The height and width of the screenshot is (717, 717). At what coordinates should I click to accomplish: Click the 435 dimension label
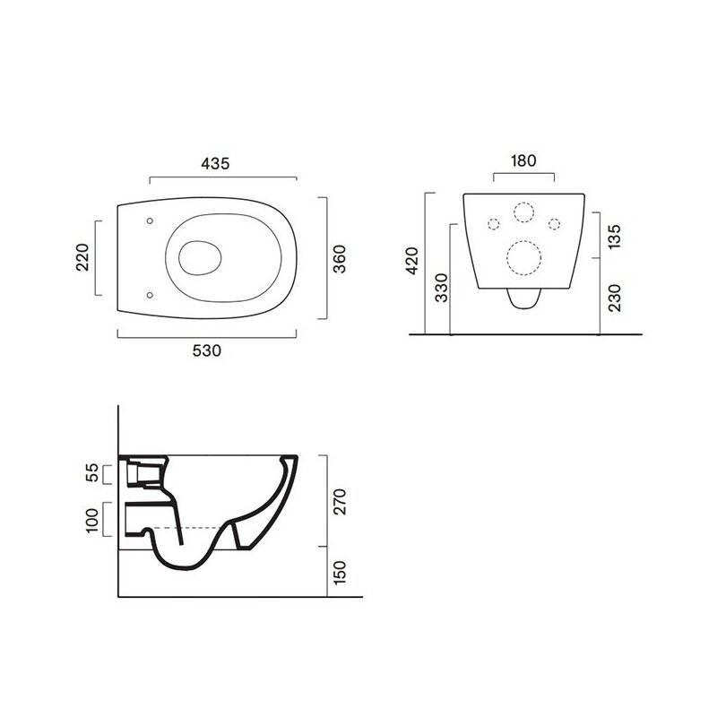click(215, 164)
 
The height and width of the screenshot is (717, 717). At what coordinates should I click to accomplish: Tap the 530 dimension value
click(207, 350)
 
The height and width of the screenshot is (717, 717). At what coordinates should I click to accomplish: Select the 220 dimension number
click(82, 257)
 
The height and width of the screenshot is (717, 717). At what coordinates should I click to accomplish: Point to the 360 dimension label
click(340, 259)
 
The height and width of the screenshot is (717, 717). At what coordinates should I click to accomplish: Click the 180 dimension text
click(523, 161)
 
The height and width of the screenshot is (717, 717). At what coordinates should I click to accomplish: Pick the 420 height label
click(412, 261)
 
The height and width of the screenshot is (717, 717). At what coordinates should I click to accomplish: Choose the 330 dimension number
click(442, 288)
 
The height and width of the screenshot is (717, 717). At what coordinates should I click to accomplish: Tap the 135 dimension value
click(615, 237)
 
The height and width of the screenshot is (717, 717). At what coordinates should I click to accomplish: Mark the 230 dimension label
click(615, 298)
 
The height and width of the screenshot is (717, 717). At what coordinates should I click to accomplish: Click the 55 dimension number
click(92, 473)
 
